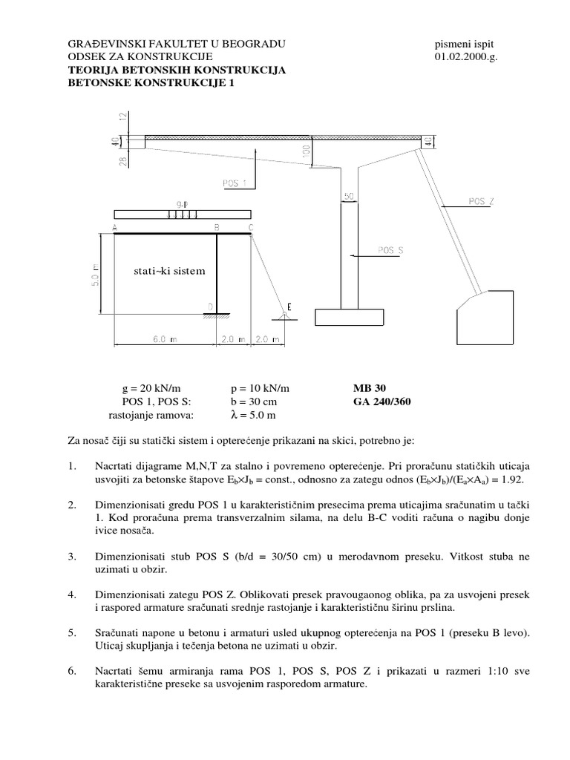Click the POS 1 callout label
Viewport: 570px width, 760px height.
[x=235, y=182]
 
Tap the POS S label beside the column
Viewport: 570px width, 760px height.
[x=390, y=250]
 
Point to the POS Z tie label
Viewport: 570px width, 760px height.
[x=482, y=200]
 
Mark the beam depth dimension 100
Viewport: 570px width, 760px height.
[x=305, y=151]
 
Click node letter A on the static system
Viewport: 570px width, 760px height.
[x=115, y=227]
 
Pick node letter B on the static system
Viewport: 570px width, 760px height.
[x=216, y=227]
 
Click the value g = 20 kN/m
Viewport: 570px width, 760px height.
[x=151, y=388]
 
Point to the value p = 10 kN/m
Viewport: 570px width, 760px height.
[x=260, y=388]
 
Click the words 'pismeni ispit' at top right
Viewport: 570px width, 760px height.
[x=461, y=44]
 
